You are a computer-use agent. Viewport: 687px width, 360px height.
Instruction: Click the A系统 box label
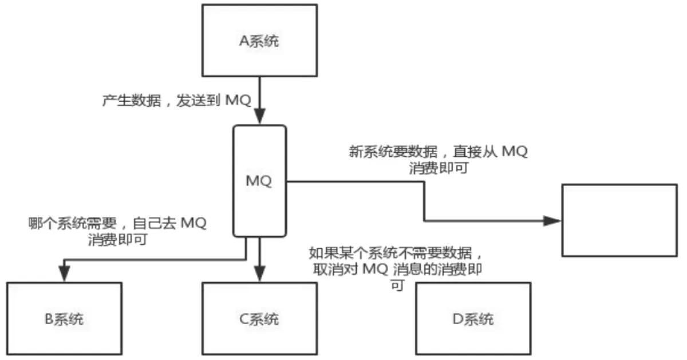(260, 41)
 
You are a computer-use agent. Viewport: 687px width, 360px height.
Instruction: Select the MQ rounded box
(259, 200)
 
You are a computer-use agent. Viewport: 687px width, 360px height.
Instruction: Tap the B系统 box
(64, 318)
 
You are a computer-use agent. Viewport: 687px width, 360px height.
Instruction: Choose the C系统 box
(259, 318)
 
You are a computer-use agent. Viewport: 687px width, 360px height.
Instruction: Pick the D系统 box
(473, 318)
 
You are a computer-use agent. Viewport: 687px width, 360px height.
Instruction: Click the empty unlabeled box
(619, 220)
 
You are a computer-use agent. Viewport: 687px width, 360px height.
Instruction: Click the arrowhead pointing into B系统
(64, 275)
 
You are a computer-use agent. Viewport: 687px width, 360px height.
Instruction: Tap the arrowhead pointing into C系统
(259, 275)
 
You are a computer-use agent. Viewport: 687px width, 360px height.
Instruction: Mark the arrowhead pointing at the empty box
(553, 221)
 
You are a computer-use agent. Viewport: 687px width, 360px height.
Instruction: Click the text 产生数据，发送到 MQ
(176, 100)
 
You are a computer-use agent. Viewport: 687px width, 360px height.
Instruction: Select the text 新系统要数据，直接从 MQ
(439, 153)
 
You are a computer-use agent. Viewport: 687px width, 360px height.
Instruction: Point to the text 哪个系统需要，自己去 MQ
(117, 224)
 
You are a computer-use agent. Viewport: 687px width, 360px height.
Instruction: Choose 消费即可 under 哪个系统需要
(117, 240)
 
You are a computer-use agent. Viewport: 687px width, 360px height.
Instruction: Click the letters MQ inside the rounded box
(259, 181)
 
